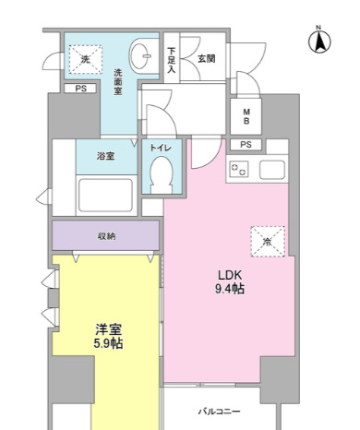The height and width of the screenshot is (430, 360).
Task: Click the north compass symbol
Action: pos(318,42)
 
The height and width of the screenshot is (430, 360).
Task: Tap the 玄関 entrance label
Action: pos(206,58)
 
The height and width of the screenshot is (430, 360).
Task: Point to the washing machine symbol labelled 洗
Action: pos(86,60)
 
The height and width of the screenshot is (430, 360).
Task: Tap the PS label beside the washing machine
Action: pos(80,89)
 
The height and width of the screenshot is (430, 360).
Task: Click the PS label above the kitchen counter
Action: pos(246,145)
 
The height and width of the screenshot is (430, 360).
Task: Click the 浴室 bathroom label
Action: pos(106,156)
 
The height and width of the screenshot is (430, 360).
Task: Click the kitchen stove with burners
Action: pos(240,169)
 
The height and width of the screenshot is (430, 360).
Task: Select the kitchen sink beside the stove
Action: pos(274,169)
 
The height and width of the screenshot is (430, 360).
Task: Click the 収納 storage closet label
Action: pos(106,236)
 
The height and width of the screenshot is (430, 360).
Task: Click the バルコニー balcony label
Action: pos(219,411)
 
